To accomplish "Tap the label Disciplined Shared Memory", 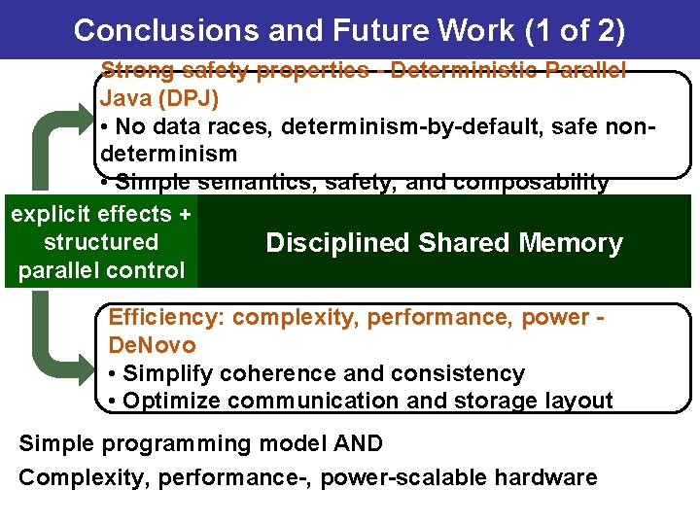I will [443, 243].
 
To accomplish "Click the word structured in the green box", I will [101, 242].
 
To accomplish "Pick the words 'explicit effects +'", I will [101, 214].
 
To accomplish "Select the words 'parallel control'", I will [101, 270].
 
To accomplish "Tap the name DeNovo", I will [152, 345].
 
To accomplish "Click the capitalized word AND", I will [357, 444].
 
